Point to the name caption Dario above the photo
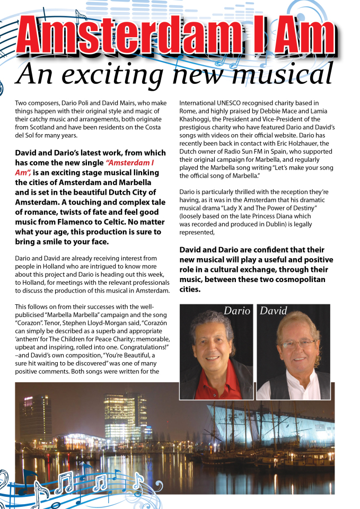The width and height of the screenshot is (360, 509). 236,311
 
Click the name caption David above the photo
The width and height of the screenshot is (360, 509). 274,311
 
